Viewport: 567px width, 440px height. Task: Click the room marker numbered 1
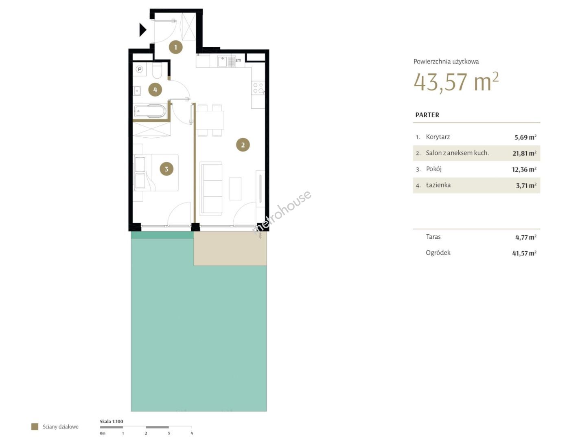click(x=175, y=47)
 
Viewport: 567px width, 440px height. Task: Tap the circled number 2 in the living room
click(x=243, y=145)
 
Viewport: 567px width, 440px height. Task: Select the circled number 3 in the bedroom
click(x=166, y=169)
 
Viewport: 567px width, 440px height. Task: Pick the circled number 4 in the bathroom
click(x=155, y=90)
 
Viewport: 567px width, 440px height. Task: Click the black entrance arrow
click(x=142, y=30)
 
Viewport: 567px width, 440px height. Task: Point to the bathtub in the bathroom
click(x=150, y=111)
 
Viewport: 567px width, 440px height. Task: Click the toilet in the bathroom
click(x=157, y=70)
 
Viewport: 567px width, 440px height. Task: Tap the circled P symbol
click(x=140, y=69)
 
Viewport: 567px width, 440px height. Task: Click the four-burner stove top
click(x=258, y=88)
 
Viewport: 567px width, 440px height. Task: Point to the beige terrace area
click(x=230, y=249)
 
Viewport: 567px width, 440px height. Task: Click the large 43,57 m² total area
click(x=456, y=82)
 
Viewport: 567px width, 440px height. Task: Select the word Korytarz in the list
click(x=438, y=137)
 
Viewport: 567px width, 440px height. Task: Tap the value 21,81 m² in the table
click(x=524, y=153)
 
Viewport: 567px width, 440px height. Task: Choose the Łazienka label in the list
click(x=438, y=185)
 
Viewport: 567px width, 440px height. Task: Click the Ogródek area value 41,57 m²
click(x=524, y=253)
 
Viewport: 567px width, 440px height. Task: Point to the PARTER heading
click(x=427, y=115)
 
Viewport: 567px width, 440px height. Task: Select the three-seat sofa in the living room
click(x=211, y=189)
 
